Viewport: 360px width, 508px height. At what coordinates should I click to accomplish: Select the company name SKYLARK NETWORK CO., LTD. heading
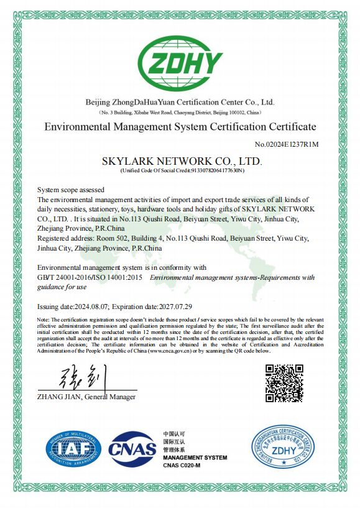point(182,161)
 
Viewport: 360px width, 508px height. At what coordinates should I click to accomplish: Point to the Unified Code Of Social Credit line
point(182,170)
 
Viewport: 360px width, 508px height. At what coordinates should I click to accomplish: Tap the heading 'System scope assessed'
point(71,189)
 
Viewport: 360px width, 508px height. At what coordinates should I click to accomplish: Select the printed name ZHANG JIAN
point(59,396)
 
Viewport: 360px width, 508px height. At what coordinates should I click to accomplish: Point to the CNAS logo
point(132,449)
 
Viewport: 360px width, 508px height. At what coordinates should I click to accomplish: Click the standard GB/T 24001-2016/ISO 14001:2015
point(91,277)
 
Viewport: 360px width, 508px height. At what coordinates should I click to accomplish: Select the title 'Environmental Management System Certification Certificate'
point(180,127)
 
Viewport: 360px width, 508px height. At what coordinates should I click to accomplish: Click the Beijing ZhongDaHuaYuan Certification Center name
point(180,102)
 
